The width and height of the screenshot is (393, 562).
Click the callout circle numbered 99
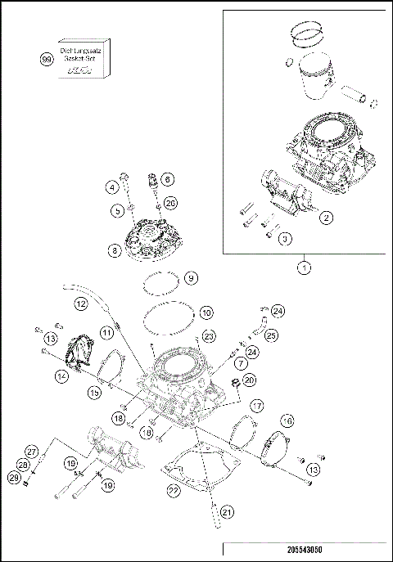click(x=46, y=58)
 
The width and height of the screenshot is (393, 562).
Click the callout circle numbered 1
click(x=304, y=267)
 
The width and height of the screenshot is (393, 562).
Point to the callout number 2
click(x=326, y=218)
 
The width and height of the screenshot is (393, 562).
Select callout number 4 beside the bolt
click(x=111, y=187)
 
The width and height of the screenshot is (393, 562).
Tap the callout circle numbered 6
click(x=166, y=178)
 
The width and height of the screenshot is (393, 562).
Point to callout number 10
click(x=206, y=312)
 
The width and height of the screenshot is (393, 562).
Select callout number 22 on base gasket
click(x=173, y=490)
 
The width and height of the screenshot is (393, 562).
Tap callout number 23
click(x=209, y=336)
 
